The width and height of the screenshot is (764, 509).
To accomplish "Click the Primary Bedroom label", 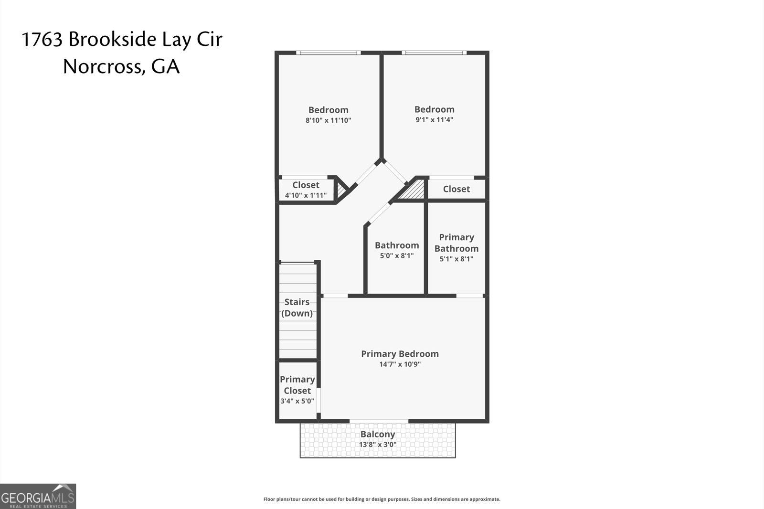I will click(x=400, y=354).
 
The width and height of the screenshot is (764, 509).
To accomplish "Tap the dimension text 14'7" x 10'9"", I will click(x=400, y=364).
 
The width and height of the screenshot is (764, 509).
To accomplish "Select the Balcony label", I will click(x=378, y=434).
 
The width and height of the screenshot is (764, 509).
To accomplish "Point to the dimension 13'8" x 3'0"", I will click(x=378, y=445).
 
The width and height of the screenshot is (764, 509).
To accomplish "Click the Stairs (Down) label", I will click(x=297, y=308).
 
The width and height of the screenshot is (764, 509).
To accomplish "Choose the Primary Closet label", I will click(x=297, y=385).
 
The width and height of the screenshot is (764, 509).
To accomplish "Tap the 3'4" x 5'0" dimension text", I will click(x=297, y=401).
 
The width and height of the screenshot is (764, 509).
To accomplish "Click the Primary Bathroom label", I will click(x=456, y=243).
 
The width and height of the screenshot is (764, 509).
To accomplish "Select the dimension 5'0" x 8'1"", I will click(x=397, y=256).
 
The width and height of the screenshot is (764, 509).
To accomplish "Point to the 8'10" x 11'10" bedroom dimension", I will click(x=329, y=120).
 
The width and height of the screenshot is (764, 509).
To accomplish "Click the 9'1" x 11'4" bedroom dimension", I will click(x=435, y=120).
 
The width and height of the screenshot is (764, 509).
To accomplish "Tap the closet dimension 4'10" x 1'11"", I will click(x=306, y=195).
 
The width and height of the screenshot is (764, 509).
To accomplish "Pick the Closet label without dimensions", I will click(x=456, y=189).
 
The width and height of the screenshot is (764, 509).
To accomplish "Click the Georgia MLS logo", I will click(x=38, y=497).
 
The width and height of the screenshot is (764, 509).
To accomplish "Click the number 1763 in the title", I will click(x=42, y=40).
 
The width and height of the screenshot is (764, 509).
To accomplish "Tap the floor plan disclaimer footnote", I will click(x=382, y=499).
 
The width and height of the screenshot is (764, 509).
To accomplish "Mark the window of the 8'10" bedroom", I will click(x=328, y=53).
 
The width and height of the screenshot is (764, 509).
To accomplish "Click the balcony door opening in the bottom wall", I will click(x=379, y=421).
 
